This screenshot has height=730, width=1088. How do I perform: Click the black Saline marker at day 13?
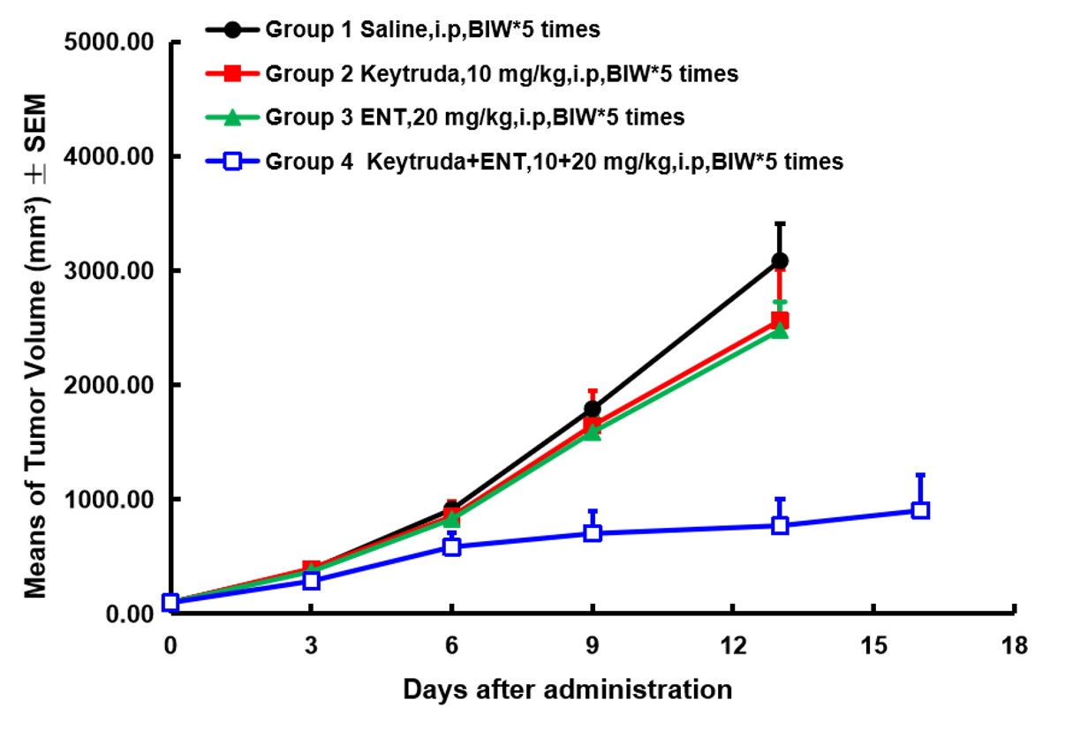pyautogui.click(x=780, y=261)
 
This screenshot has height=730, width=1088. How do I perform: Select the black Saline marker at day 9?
pyautogui.click(x=593, y=409)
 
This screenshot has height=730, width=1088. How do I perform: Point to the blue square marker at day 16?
pyautogui.click(x=920, y=510)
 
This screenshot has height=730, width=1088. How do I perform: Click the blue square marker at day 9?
pyautogui.click(x=593, y=533)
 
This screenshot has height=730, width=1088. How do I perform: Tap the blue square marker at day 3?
pyautogui.click(x=311, y=580)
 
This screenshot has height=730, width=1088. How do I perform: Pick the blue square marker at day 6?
pyautogui.click(x=452, y=546)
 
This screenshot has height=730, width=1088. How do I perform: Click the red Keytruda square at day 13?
pyautogui.click(x=780, y=320)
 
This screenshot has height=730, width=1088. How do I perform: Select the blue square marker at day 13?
pyautogui.click(x=780, y=525)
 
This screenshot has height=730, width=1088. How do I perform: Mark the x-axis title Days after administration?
pyautogui.click(x=568, y=689)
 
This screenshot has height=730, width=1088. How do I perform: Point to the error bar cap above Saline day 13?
pyautogui.click(x=780, y=224)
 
